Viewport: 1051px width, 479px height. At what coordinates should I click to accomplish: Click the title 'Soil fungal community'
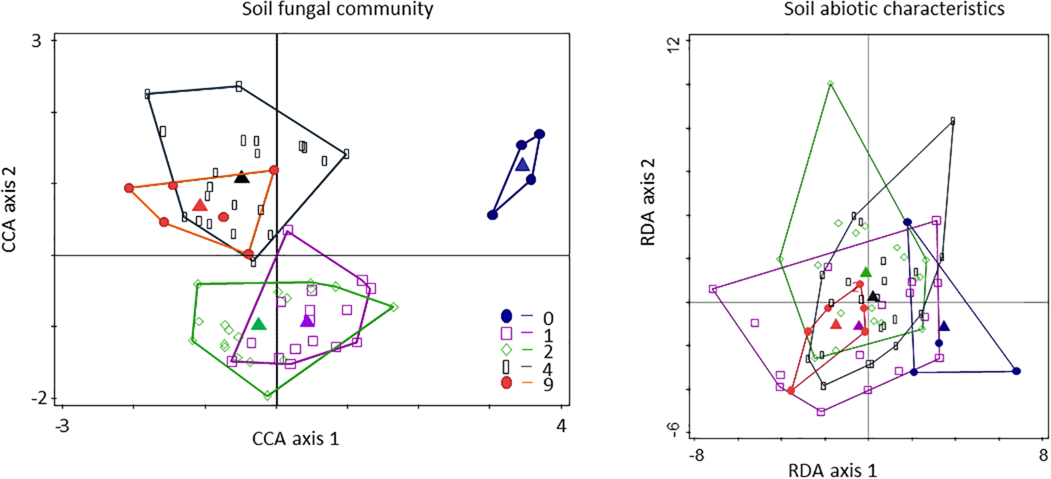337,9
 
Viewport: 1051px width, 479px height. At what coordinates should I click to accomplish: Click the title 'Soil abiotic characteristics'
894,9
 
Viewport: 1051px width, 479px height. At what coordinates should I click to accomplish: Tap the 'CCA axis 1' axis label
295,439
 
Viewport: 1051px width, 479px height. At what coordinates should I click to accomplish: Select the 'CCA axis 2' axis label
9,209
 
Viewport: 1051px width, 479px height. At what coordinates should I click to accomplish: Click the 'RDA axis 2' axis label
648,202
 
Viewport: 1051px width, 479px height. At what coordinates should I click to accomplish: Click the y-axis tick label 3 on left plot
37,41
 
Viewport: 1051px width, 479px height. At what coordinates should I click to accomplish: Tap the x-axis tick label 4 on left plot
561,426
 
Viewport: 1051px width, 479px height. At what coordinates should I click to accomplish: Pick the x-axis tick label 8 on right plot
1043,455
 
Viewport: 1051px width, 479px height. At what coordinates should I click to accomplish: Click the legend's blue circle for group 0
507,316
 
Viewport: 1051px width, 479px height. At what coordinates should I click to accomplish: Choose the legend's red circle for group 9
507,383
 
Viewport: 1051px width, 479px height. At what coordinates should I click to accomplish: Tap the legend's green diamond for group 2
507,350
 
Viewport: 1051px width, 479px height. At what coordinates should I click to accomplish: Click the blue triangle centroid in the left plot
522,165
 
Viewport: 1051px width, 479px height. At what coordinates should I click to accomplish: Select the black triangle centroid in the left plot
242,178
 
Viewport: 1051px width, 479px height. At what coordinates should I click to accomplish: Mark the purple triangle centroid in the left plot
307,322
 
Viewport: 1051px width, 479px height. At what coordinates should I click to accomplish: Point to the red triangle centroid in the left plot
200,205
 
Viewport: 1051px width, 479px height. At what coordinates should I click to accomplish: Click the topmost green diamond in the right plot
830,84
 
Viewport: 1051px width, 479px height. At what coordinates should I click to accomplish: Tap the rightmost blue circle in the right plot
1017,371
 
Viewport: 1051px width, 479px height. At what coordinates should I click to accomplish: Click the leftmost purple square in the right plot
713,289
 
